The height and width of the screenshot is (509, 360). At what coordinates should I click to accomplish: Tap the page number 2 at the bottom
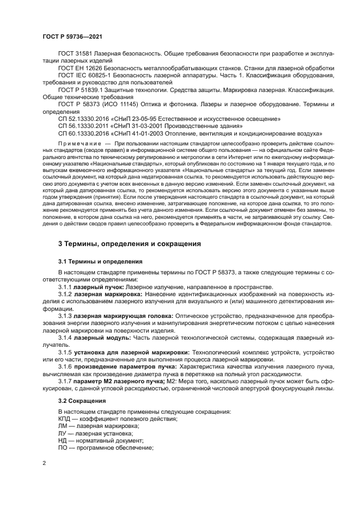click(45, 463)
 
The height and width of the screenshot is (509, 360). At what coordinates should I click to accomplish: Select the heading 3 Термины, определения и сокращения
click(130, 243)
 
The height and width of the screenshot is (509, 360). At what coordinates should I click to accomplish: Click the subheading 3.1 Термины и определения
click(100, 261)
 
